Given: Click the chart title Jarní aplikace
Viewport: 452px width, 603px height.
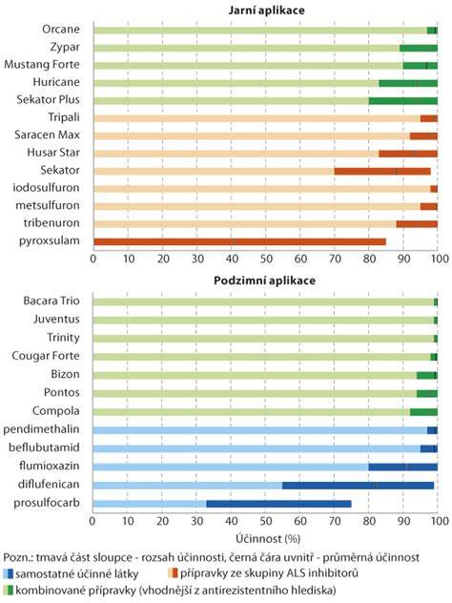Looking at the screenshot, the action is click(x=266, y=10).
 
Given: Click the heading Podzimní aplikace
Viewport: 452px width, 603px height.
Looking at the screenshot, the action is click(x=264, y=281).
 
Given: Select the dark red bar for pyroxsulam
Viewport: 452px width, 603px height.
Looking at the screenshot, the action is click(x=240, y=242).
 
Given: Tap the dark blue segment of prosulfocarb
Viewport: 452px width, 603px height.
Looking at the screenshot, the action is click(x=278, y=504).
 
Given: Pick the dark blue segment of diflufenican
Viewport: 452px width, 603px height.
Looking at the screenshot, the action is click(x=358, y=486).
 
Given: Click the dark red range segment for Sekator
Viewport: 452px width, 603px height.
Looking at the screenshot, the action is click(x=382, y=172).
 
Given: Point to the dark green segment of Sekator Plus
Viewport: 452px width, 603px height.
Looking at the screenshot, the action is click(x=403, y=101).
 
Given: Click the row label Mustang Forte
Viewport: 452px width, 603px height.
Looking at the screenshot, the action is click(x=42, y=64).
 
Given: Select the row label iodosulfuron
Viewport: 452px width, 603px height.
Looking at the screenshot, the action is click(x=46, y=188).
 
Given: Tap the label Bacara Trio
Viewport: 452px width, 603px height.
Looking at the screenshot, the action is click(x=51, y=301).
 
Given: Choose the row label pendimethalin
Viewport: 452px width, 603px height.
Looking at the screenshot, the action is click(x=41, y=429).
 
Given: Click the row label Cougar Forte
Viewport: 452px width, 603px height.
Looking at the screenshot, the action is click(x=46, y=356).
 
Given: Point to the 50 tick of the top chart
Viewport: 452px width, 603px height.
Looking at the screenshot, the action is click(x=266, y=259).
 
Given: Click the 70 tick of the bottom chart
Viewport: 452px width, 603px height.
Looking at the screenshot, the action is click(x=335, y=521).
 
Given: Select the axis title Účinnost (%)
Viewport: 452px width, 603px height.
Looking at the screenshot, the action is click(x=268, y=539).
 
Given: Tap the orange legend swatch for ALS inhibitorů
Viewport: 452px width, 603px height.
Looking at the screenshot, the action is click(x=173, y=573).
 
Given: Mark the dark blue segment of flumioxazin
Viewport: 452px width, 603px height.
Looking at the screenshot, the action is click(x=402, y=467).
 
